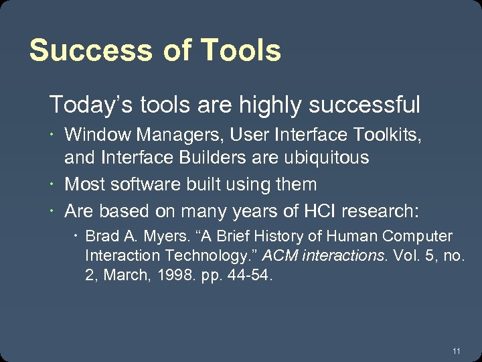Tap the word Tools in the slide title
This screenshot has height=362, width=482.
pyautogui.click(x=240, y=50)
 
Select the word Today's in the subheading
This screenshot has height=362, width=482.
pyautogui.click(x=80, y=105)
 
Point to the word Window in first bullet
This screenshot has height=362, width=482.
pyautogui.click(x=98, y=135)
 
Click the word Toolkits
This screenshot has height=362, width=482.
pyautogui.click(x=387, y=135)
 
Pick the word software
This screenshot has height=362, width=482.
pyautogui.click(x=138, y=184)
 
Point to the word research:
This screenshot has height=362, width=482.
pyautogui.click(x=380, y=211)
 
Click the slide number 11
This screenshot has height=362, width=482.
pyautogui.click(x=456, y=351)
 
